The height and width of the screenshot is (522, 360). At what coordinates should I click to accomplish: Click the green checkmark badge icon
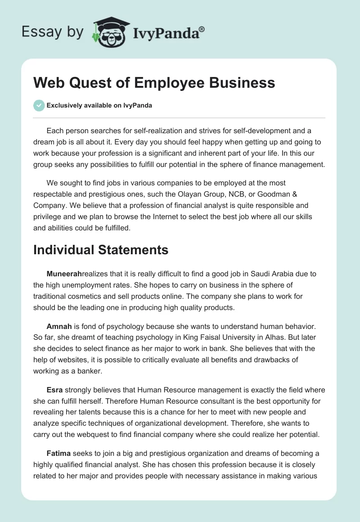pos(39,105)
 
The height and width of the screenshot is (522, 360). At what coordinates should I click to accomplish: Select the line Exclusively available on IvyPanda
pos(99,106)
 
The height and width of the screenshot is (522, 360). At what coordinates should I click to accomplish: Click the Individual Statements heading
pos(101,249)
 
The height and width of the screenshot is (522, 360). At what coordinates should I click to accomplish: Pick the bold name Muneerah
pos(64,273)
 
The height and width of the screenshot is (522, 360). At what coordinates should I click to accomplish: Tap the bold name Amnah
pos(59,325)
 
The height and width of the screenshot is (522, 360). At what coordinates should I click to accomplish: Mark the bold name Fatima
pos(58,453)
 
